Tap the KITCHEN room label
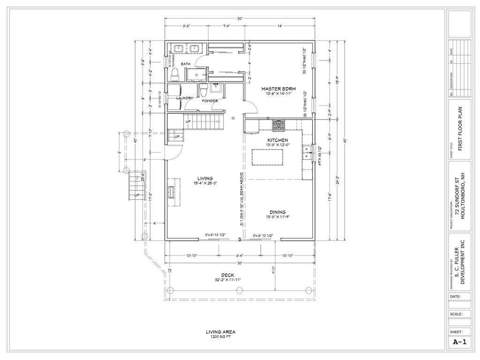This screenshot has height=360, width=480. [x=277, y=140]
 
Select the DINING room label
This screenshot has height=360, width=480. [x=277, y=211]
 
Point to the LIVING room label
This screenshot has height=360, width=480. [x=205, y=178]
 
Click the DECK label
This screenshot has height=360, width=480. [x=228, y=275]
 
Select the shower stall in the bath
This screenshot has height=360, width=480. [x=197, y=75]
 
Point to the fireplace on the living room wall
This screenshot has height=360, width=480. [x=172, y=192]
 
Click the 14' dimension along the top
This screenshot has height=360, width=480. [x=279, y=26]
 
